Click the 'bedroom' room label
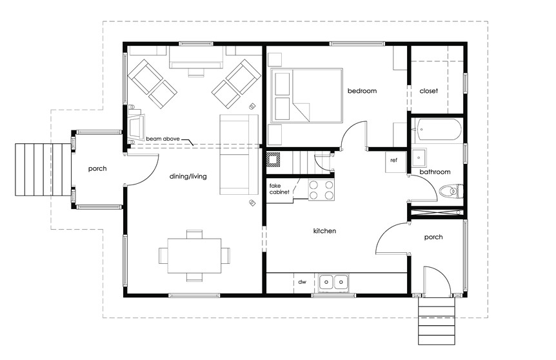[362, 91]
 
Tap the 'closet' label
[428, 91]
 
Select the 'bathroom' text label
[435, 172]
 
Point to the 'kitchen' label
[324, 231]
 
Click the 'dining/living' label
[188, 176]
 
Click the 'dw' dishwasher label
[302, 283]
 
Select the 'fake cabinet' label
[279, 188]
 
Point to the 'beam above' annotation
[163, 139]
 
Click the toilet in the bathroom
[451, 192]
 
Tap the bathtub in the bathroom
[439, 129]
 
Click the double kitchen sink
[333, 283]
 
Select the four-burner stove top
[321, 190]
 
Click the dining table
[194, 255]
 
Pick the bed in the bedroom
[307, 95]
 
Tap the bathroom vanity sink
[419, 157]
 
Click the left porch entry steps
[43, 170]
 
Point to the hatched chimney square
[273, 159]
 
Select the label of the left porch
[97, 169]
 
